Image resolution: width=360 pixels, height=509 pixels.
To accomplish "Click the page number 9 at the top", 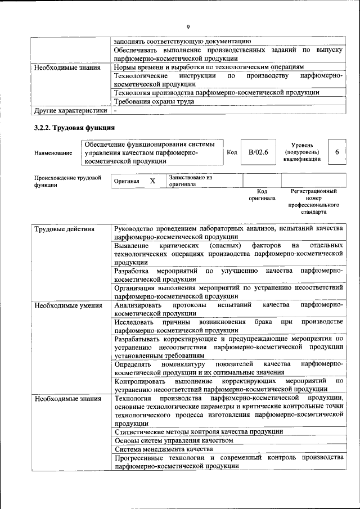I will coord(188,26).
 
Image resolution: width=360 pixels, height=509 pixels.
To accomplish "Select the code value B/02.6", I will coord(259,152).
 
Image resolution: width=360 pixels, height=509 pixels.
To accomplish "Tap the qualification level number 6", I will coord(336,152).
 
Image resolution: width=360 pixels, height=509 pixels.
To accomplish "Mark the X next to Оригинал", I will coord(152,181).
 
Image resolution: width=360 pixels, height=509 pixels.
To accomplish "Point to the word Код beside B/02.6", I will coord(231,152).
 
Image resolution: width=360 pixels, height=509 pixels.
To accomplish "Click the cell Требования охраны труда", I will coord(154,102).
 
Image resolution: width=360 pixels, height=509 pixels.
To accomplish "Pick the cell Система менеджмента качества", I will coord(163,449).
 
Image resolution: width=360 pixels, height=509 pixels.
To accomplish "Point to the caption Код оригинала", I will coord(262,195).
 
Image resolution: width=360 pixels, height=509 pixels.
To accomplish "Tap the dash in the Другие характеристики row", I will coord(114,110).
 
